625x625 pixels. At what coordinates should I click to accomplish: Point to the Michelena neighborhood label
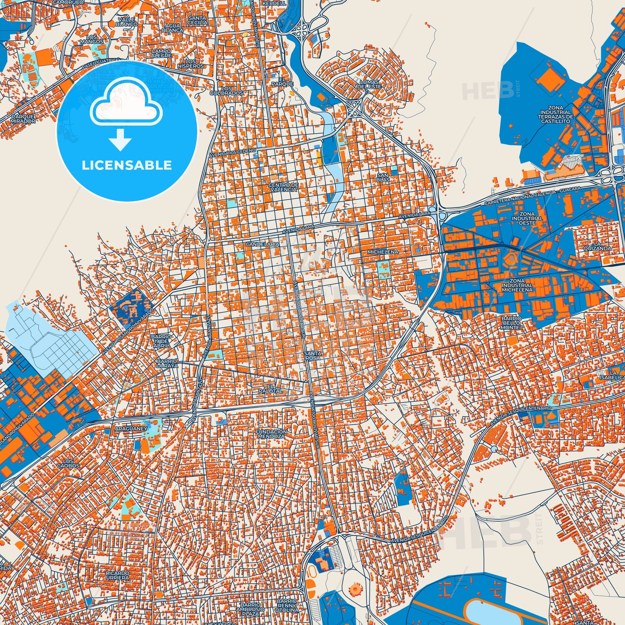(384, 251)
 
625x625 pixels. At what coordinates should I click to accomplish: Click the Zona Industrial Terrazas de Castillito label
(556, 114)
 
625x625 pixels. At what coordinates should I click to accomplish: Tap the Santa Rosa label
(312, 356)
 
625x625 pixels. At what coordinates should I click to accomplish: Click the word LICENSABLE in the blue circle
(127, 165)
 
